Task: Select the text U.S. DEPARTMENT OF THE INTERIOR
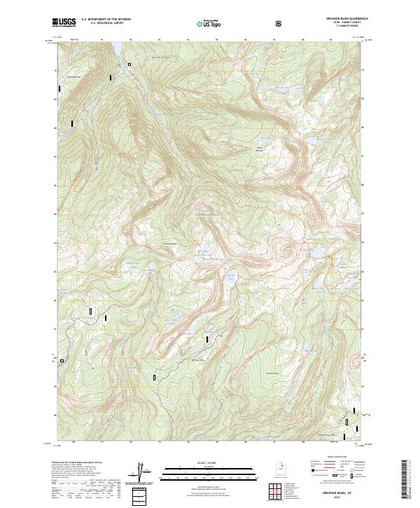[x=106, y=20]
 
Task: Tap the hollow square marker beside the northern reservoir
[x=129, y=64]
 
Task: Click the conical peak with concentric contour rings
[x=283, y=247]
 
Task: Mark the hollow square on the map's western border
[x=62, y=362]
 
